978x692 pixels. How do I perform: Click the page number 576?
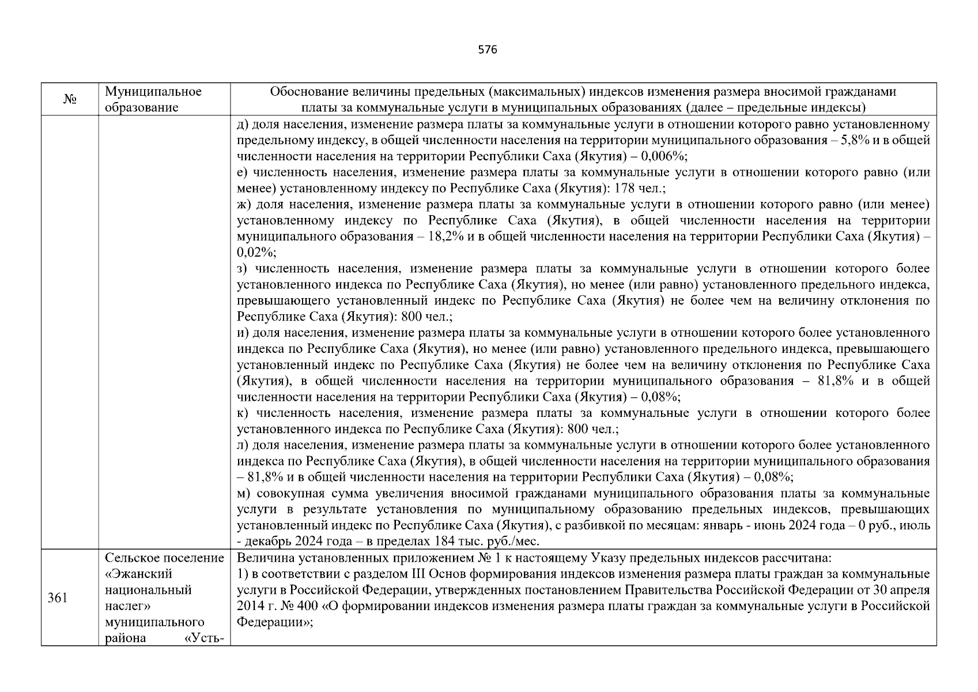click(x=488, y=50)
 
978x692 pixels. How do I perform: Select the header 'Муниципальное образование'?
click(x=153, y=100)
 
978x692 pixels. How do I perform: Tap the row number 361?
click(x=58, y=598)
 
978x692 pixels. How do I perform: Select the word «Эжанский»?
click(x=138, y=574)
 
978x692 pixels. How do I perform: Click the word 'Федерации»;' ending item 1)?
click(x=274, y=623)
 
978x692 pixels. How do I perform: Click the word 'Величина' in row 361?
click(x=260, y=558)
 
